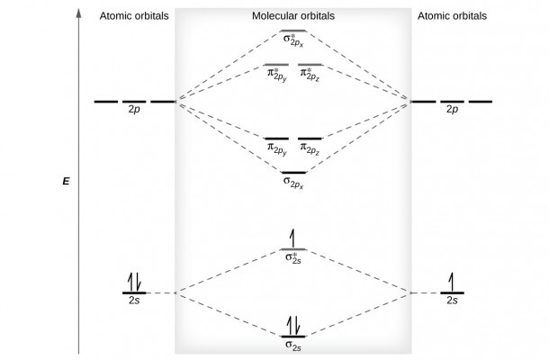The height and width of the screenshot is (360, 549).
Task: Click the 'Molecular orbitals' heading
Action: tap(293, 16)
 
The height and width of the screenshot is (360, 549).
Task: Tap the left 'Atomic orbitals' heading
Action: tap(134, 16)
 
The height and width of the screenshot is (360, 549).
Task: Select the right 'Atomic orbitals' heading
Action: tap(452, 16)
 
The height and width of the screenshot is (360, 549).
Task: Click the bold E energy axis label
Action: tap(66, 182)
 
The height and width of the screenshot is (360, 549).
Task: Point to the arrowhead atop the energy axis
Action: tap(79, 13)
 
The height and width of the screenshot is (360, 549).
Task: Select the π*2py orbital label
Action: tap(277, 75)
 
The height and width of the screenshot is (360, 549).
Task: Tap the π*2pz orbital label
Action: tap(310, 75)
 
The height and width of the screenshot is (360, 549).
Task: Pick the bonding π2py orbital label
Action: tap(277, 149)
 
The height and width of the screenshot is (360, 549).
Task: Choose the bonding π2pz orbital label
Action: tap(310, 149)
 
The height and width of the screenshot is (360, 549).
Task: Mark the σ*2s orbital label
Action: tap(293, 258)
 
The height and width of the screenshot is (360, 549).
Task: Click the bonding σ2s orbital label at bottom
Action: tap(293, 346)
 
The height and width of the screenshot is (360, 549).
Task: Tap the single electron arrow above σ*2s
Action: tap(292, 238)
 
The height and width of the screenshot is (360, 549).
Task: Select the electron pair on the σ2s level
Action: tap(293, 326)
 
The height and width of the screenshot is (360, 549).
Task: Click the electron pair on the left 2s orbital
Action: tap(134, 282)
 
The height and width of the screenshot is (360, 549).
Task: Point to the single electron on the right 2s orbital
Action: tap(451, 282)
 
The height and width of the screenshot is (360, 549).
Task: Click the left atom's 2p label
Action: tap(134, 110)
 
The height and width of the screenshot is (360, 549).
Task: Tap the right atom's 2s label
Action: tap(452, 301)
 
